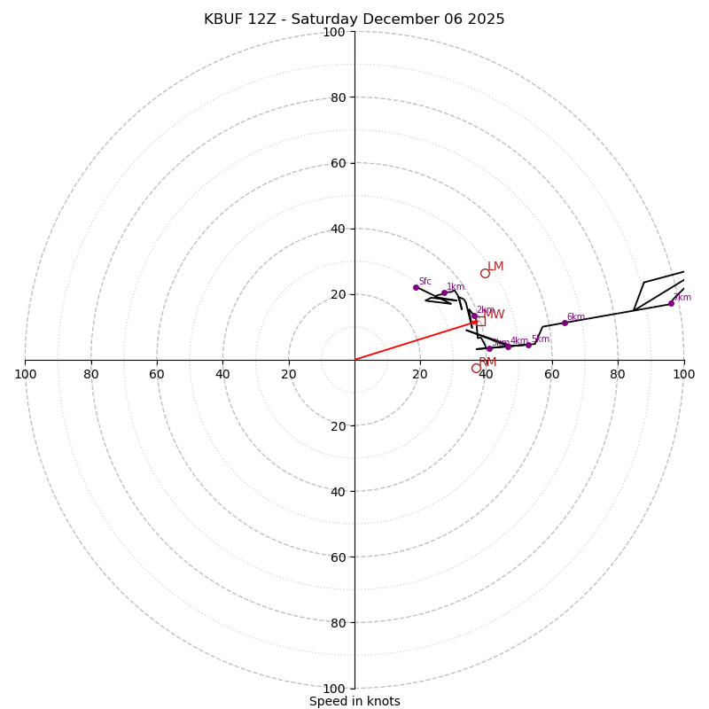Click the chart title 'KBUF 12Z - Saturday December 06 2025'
(354, 19)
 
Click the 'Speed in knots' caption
(354, 701)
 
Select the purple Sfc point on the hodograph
(416, 287)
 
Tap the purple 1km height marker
(444, 292)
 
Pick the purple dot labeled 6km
(565, 323)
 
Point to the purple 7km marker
(671, 303)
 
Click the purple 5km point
(528, 345)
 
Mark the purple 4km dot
(508, 347)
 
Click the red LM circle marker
(485, 273)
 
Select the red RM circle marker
(476, 368)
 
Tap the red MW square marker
(480, 321)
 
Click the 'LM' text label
(495, 266)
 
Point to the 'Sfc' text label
(425, 282)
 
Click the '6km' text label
(575, 317)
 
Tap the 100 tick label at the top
(334, 32)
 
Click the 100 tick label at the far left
(25, 374)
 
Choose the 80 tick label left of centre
(91, 374)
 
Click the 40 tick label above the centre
(338, 229)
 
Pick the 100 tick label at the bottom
(334, 688)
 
